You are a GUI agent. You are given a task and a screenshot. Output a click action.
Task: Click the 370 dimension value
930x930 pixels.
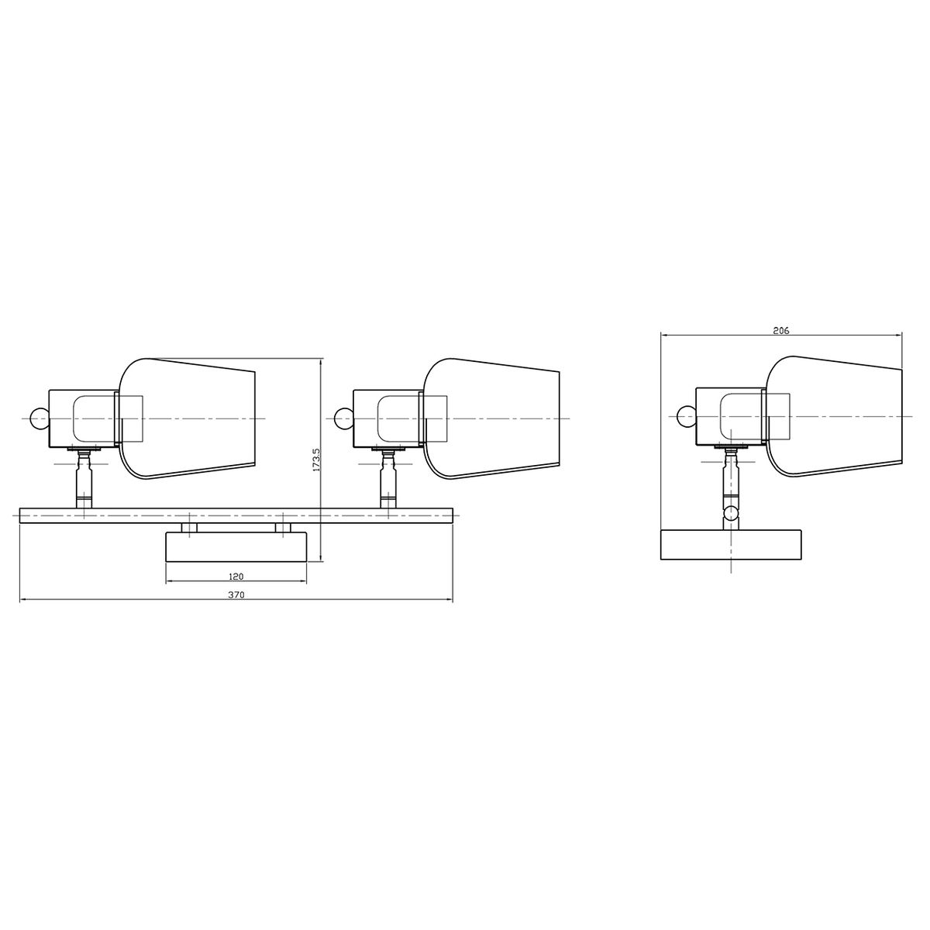pos(236,595)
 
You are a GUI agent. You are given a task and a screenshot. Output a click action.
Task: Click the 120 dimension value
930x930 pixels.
pos(236,577)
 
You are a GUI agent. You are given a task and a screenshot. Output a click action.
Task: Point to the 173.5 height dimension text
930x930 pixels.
pos(317,460)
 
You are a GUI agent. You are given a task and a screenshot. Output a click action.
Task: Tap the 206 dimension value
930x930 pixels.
pos(781,331)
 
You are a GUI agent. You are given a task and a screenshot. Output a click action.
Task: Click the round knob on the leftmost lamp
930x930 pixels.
pos(40,418)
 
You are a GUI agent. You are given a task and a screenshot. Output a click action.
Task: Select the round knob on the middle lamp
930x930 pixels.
pos(343,418)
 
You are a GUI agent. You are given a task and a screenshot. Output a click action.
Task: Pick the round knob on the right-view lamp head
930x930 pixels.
pos(686,418)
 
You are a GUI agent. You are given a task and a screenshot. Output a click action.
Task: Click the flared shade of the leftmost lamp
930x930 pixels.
pos(187,419)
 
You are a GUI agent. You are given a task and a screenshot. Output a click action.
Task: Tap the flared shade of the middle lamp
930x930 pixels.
pos(491,419)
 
